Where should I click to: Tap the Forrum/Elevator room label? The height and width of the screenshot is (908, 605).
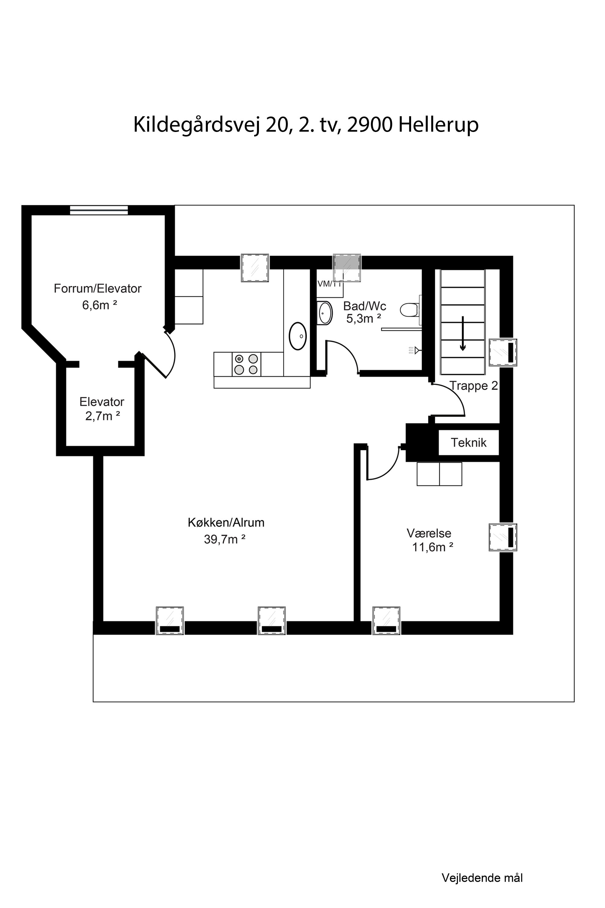[x=98, y=288]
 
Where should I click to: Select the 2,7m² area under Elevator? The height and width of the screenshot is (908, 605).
[x=103, y=416]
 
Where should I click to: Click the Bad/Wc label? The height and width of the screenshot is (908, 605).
[x=365, y=306]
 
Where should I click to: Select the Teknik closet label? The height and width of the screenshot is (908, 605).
[x=468, y=442]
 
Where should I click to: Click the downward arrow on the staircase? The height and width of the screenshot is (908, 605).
[x=463, y=334]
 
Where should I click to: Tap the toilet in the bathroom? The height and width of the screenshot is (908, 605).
[x=410, y=310]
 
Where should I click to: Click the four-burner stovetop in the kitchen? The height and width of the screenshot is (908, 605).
[x=246, y=364]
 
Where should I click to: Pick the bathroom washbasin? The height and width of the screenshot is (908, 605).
[x=325, y=313]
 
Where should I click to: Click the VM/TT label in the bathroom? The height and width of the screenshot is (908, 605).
[x=329, y=284]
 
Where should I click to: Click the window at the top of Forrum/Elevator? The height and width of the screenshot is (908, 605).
[x=99, y=210]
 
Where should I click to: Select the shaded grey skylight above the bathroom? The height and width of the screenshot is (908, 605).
[x=347, y=268]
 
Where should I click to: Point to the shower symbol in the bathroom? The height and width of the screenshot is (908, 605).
[x=415, y=350]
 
